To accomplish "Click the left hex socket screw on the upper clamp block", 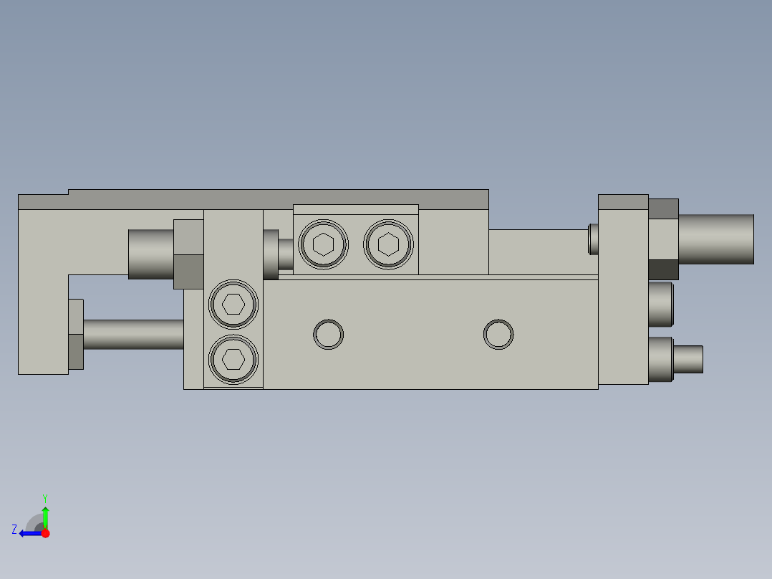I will point(324,244).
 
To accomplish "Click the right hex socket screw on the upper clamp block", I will point(388,244).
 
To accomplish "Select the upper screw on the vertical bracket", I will point(233,304).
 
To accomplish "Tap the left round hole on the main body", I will point(329,334).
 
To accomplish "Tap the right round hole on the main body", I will point(498,334).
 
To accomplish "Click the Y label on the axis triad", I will point(45,497).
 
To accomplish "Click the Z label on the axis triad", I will point(14,530).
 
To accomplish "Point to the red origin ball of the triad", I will point(45,533).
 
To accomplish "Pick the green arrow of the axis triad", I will point(45,516).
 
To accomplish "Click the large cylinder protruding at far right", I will point(715,239).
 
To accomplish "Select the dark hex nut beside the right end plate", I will point(663,269).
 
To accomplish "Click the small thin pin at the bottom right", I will point(688,359).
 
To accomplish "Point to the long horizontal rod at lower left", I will point(133,334).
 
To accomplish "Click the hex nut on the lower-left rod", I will point(76,335).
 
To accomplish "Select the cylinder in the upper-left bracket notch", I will point(150,254).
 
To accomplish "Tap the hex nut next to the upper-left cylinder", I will point(188,254).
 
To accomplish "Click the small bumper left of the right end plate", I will point(593,239).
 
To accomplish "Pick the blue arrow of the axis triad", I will point(30,533).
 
